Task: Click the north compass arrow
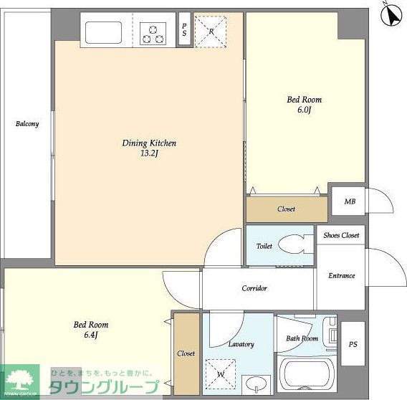(391, 15)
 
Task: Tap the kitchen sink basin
(103, 32)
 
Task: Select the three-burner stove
(153, 34)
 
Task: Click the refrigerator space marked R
(211, 32)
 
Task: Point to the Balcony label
(27, 124)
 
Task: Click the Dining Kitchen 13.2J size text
(149, 153)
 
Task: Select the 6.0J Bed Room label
(305, 105)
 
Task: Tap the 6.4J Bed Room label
(91, 330)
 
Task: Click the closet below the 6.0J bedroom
(287, 209)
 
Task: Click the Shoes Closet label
(341, 235)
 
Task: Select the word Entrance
(342, 275)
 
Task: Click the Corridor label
(254, 288)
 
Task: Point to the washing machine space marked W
(221, 374)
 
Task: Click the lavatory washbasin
(257, 384)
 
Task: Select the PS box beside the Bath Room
(353, 343)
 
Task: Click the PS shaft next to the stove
(185, 29)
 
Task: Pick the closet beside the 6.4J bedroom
(186, 354)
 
